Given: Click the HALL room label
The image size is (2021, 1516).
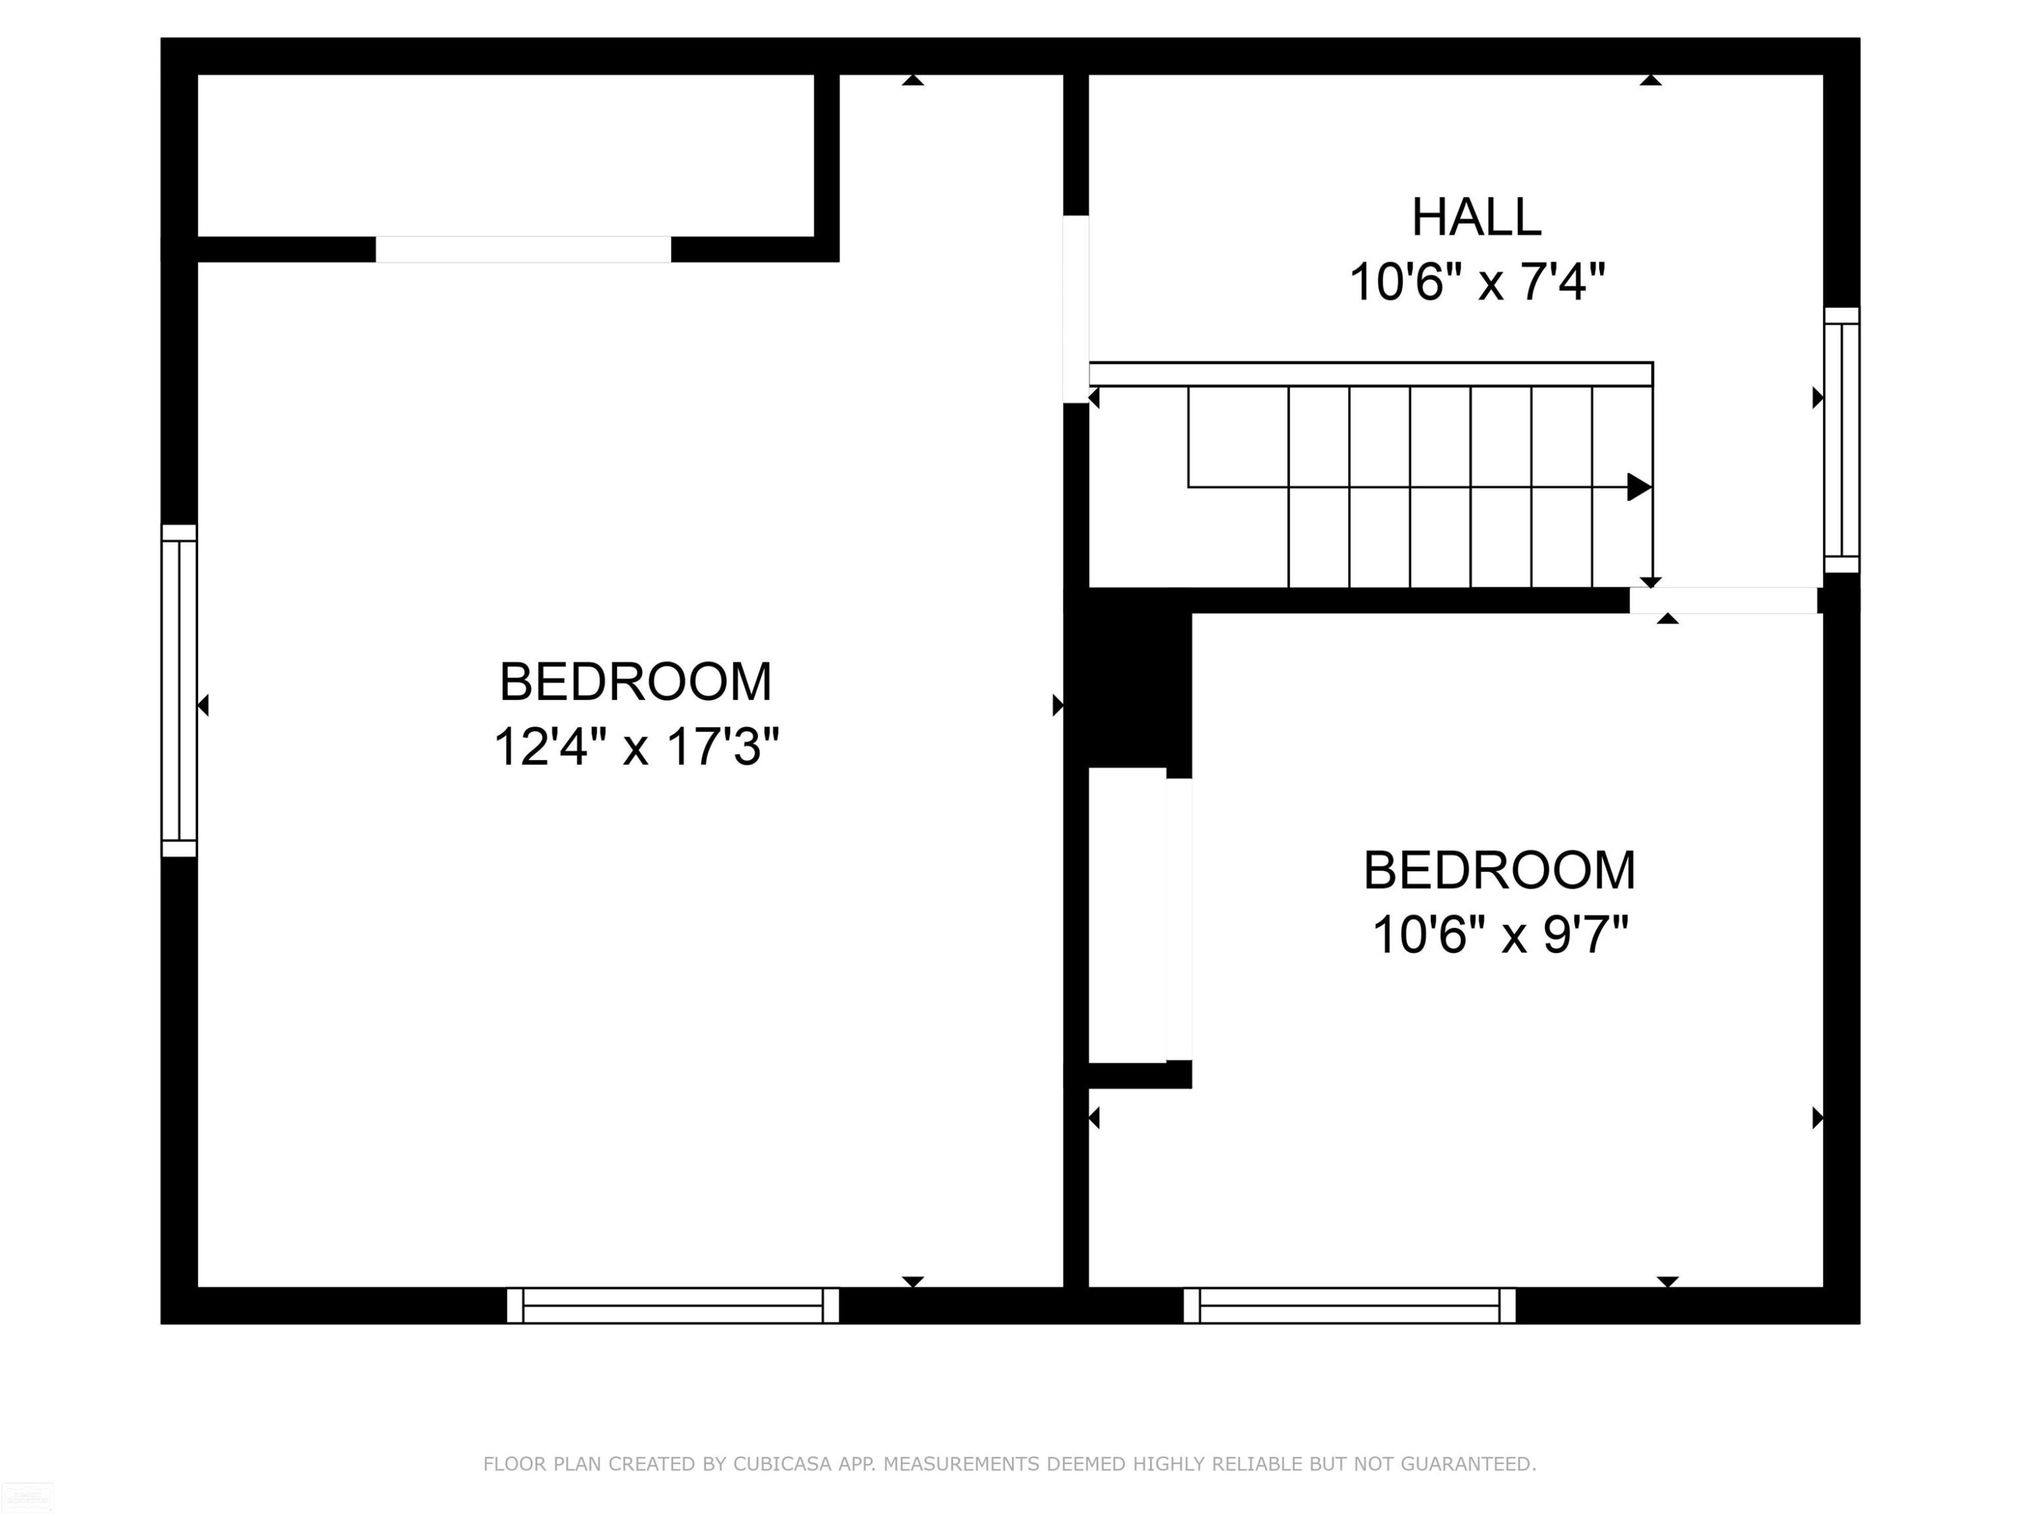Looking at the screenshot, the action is (x=1477, y=218).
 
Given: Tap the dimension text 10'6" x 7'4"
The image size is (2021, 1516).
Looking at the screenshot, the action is (x=1477, y=282).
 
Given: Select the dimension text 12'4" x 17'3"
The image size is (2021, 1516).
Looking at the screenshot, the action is (x=636, y=747).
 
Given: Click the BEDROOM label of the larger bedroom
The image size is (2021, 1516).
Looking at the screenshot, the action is (x=636, y=682).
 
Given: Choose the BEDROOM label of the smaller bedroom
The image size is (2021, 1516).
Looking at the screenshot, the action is (x=1500, y=870).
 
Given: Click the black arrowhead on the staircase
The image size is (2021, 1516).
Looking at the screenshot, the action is (x=1639, y=487).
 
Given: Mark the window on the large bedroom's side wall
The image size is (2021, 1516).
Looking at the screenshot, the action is (x=179, y=691).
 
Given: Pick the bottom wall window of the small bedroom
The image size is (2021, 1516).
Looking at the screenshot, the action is (x=1349, y=1305).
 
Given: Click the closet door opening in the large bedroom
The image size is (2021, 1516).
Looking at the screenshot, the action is (x=523, y=249).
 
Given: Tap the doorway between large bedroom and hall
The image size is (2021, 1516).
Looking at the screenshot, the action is (x=1077, y=309).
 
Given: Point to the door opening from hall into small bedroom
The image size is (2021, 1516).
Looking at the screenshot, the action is (x=1723, y=600).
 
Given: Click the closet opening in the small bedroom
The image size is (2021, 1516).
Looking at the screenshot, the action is (x=1179, y=918).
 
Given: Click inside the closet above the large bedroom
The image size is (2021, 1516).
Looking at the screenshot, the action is (x=505, y=156).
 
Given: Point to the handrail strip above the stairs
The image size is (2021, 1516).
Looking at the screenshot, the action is (x=1370, y=374).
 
